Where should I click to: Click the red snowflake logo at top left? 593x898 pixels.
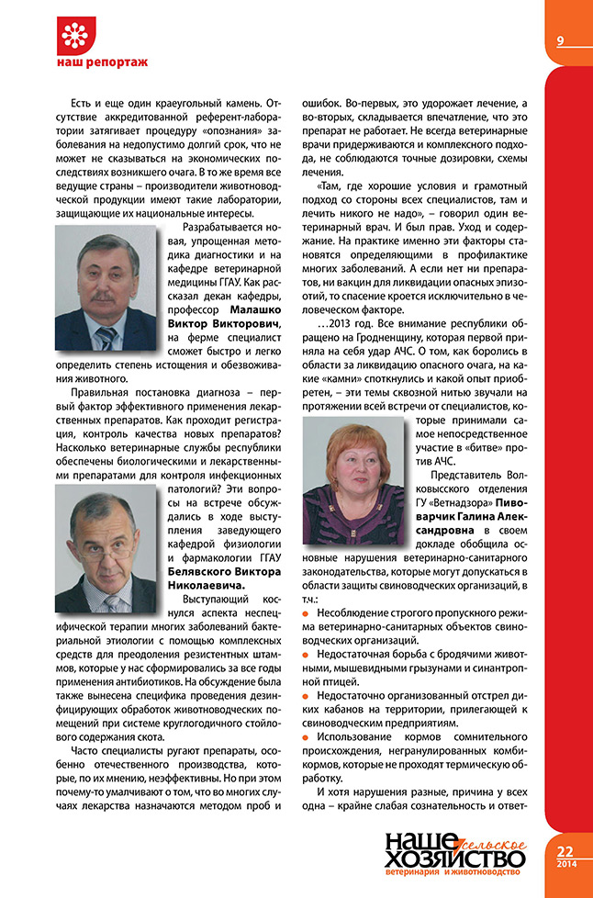pos(78,34)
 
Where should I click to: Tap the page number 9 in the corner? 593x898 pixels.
pos(559,40)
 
